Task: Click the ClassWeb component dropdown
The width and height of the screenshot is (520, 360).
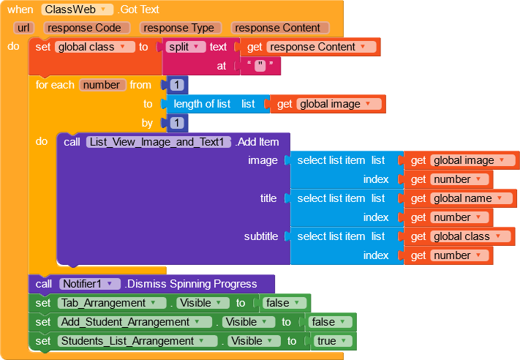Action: (78, 10)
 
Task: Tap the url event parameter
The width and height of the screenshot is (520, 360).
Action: (23, 28)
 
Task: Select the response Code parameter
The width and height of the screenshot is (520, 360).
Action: (87, 28)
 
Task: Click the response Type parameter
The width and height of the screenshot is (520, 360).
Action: (181, 28)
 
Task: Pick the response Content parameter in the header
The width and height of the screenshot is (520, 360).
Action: (280, 28)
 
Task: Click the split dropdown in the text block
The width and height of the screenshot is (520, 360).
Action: (186, 47)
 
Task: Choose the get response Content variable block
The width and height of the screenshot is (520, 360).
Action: (310, 47)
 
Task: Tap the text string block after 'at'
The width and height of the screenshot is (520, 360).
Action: (260, 66)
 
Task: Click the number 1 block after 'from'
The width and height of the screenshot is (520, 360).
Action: (177, 85)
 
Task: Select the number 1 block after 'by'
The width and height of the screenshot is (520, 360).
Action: (177, 123)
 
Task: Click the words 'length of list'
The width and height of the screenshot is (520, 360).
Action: (202, 104)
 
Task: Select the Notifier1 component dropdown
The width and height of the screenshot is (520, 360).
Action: (90, 284)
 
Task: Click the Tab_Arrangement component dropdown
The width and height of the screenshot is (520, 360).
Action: (112, 303)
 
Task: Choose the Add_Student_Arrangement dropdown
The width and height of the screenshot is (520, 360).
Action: (135, 322)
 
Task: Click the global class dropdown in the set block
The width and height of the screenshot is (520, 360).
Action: (95, 47)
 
